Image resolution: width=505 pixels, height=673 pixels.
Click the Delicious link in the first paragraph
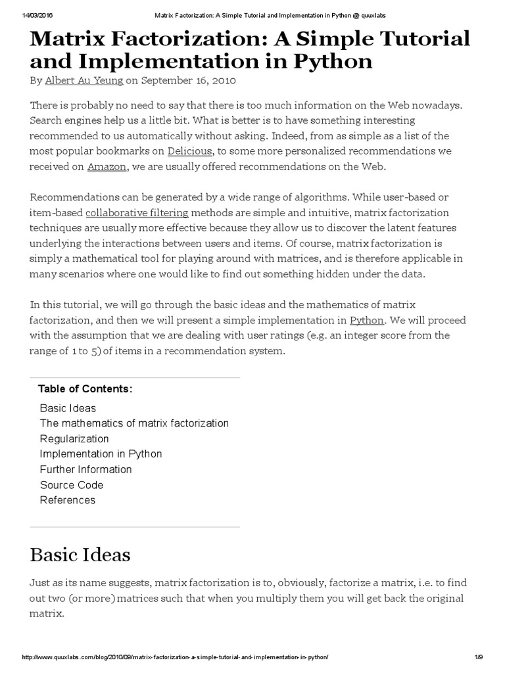(189, 151)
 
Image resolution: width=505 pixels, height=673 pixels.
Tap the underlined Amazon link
(107, 167)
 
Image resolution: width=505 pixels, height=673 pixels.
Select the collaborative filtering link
(137, 212)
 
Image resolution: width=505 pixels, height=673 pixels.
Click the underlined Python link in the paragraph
(366, 320)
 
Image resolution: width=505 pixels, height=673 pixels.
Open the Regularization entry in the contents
(74, 438)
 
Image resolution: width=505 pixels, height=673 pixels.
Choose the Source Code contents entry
(72, 485)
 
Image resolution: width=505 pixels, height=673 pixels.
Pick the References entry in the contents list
(68, 500)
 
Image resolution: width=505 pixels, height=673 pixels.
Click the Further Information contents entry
(86, 469)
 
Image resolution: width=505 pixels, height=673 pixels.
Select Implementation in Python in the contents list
(101, 454)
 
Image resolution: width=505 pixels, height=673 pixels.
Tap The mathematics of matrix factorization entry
(134, 423)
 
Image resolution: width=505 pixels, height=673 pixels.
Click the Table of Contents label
(85, 389)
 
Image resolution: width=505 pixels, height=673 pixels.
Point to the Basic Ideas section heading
(80, 555)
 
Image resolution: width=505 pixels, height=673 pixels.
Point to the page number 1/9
(479, 658)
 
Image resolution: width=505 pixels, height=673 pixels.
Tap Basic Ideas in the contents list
(68, 408)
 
